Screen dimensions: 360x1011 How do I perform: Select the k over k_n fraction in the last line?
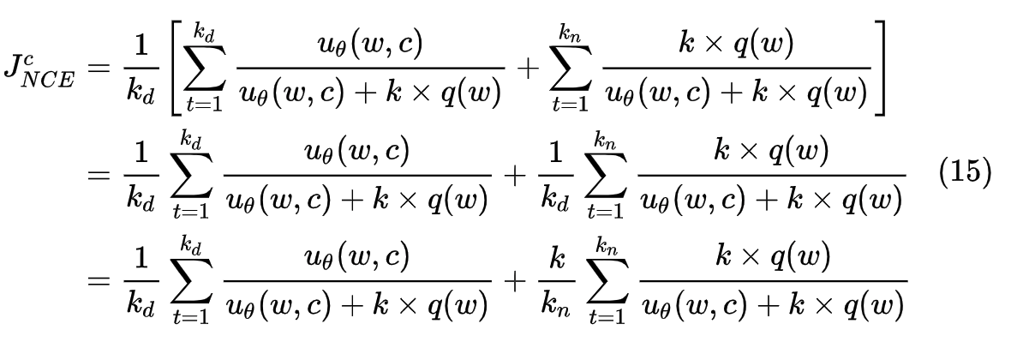click(557, 280)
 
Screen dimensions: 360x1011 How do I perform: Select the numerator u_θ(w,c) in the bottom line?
click(358, 257)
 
